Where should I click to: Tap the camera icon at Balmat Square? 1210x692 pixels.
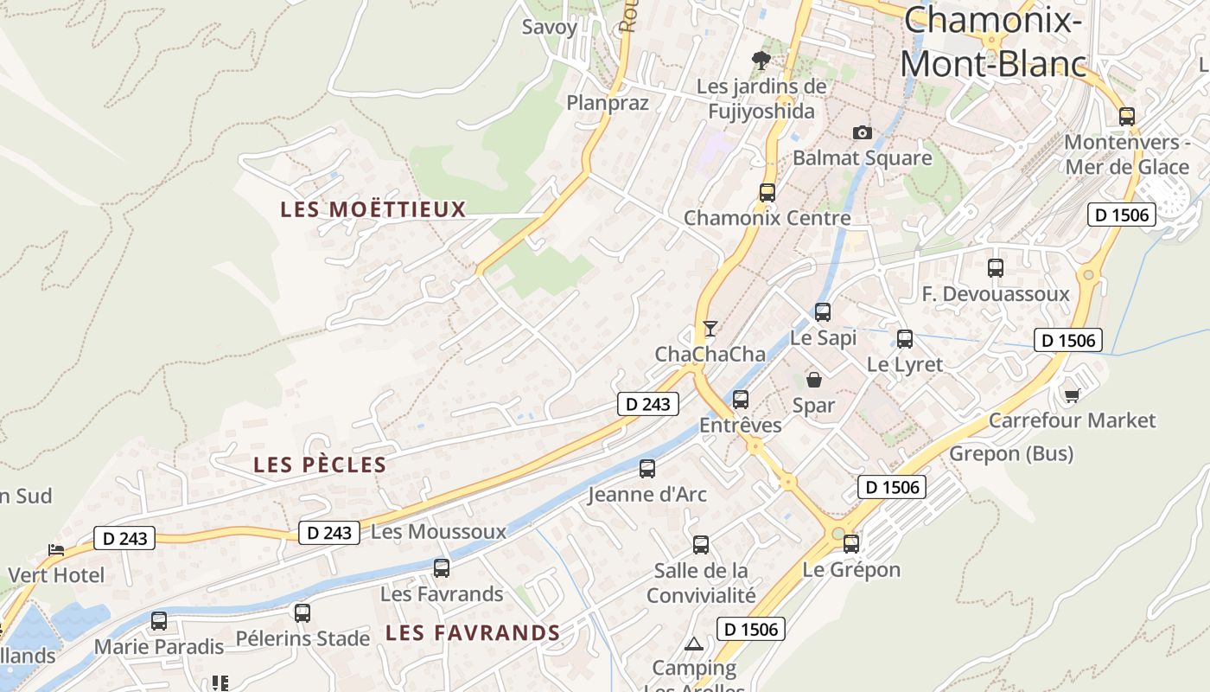coord(862,132)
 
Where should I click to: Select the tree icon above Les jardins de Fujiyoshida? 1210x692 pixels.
coord(761,60)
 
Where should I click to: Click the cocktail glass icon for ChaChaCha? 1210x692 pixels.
coord(710,329)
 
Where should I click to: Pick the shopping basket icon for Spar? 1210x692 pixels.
coord(813,379)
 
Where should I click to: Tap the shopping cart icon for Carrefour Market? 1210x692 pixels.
coord(1072,395)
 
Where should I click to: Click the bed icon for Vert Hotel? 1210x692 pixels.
coord(56,549)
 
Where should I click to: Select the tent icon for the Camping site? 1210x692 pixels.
coord(693,644)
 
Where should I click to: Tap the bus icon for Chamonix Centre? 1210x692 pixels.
coord(767,193)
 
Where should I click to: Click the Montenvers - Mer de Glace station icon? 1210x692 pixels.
coord(1126,116)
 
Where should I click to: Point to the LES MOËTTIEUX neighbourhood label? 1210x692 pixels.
coord(373,209)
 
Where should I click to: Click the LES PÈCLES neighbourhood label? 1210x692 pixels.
coord(320,465)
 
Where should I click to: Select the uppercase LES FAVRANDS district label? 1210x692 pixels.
coord(473,633)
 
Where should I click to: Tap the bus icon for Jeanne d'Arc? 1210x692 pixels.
coord(646,469)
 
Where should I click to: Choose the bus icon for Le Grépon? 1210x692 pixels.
coord(850,544)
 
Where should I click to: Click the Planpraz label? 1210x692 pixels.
coord(607,103)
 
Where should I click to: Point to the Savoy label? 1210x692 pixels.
coord(549,27)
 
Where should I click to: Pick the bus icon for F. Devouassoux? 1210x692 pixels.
coord(995,268)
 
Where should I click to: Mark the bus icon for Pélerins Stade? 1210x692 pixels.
coord(302,613)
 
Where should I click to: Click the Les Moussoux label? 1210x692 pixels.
coord(438,531)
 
